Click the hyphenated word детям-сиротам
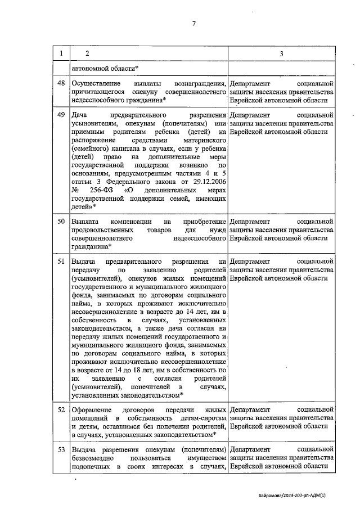[200, 418]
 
